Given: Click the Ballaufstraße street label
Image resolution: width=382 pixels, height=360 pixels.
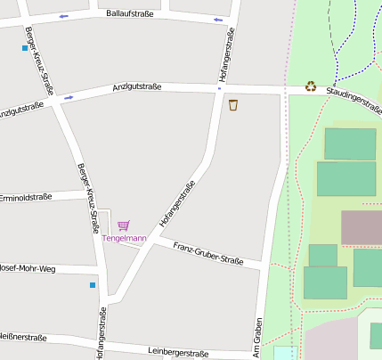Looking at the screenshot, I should (130, 14).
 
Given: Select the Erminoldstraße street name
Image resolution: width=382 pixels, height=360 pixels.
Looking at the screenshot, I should (26, 197).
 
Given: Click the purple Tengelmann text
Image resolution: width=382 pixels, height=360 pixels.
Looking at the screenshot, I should (124, 238).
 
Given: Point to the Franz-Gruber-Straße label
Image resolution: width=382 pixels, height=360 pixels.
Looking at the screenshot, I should (208, 253).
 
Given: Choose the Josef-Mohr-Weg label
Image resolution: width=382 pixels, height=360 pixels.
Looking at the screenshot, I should (28, 267).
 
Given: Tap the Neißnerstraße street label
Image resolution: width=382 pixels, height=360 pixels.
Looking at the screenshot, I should (23, 337).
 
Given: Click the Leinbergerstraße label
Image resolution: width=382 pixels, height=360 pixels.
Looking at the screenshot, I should (178, 352).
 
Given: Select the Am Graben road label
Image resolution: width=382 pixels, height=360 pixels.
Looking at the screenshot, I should (257, 338).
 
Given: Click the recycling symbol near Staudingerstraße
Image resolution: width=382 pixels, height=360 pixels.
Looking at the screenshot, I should (311, 86).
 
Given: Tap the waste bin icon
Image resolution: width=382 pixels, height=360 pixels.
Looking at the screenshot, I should (233, 105).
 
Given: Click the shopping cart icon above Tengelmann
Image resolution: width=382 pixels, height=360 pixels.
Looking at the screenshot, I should (123, 225).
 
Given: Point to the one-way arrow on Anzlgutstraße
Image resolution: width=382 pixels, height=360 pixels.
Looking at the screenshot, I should (69, 97).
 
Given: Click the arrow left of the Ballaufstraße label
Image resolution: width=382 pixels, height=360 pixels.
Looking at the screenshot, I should (63, 17).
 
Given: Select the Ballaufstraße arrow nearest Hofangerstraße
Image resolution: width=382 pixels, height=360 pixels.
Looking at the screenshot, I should (218, 20).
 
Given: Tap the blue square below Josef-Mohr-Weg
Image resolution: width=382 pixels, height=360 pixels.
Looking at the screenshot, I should (92, 285).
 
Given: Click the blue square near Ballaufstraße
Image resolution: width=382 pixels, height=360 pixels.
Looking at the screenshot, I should (25, 47).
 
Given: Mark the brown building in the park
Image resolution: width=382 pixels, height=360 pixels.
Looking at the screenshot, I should (361, 228).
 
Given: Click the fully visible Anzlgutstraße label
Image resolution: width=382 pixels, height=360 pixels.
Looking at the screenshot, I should (137, 86).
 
